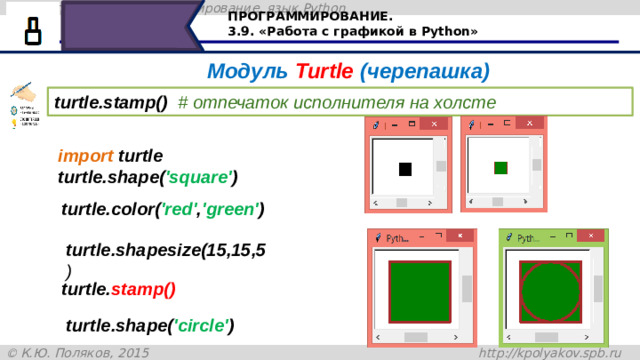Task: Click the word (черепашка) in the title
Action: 424,72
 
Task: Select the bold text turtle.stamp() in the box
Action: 111,103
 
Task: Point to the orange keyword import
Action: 85,157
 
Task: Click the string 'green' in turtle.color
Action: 231,210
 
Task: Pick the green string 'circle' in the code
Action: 203,325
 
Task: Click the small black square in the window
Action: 405,168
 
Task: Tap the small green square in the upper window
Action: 501,167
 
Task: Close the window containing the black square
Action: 434,125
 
